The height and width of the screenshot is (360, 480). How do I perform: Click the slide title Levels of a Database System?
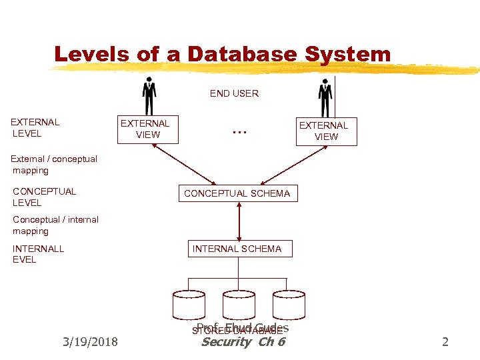222,54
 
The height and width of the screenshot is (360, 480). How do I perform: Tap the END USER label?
234,93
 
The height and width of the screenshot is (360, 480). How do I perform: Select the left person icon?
149,97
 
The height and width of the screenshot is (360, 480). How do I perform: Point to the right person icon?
325,98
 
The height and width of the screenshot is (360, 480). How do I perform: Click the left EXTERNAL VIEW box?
145,129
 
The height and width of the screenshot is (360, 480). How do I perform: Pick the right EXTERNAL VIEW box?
324,131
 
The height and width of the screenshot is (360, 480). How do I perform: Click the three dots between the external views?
239,130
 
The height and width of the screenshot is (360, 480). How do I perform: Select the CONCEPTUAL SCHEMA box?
237,193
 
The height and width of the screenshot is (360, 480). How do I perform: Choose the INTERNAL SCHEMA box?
237,249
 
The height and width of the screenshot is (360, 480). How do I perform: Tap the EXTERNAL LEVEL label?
35,127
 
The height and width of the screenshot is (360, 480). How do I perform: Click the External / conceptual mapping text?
54,165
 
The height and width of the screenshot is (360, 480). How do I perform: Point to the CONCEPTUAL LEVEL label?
44,197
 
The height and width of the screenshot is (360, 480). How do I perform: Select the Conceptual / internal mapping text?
55,225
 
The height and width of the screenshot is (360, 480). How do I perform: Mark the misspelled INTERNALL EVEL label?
38,254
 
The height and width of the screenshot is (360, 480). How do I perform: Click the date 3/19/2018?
89,342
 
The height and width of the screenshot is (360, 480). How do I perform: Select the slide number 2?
445,342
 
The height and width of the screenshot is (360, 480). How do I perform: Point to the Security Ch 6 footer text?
243,342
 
